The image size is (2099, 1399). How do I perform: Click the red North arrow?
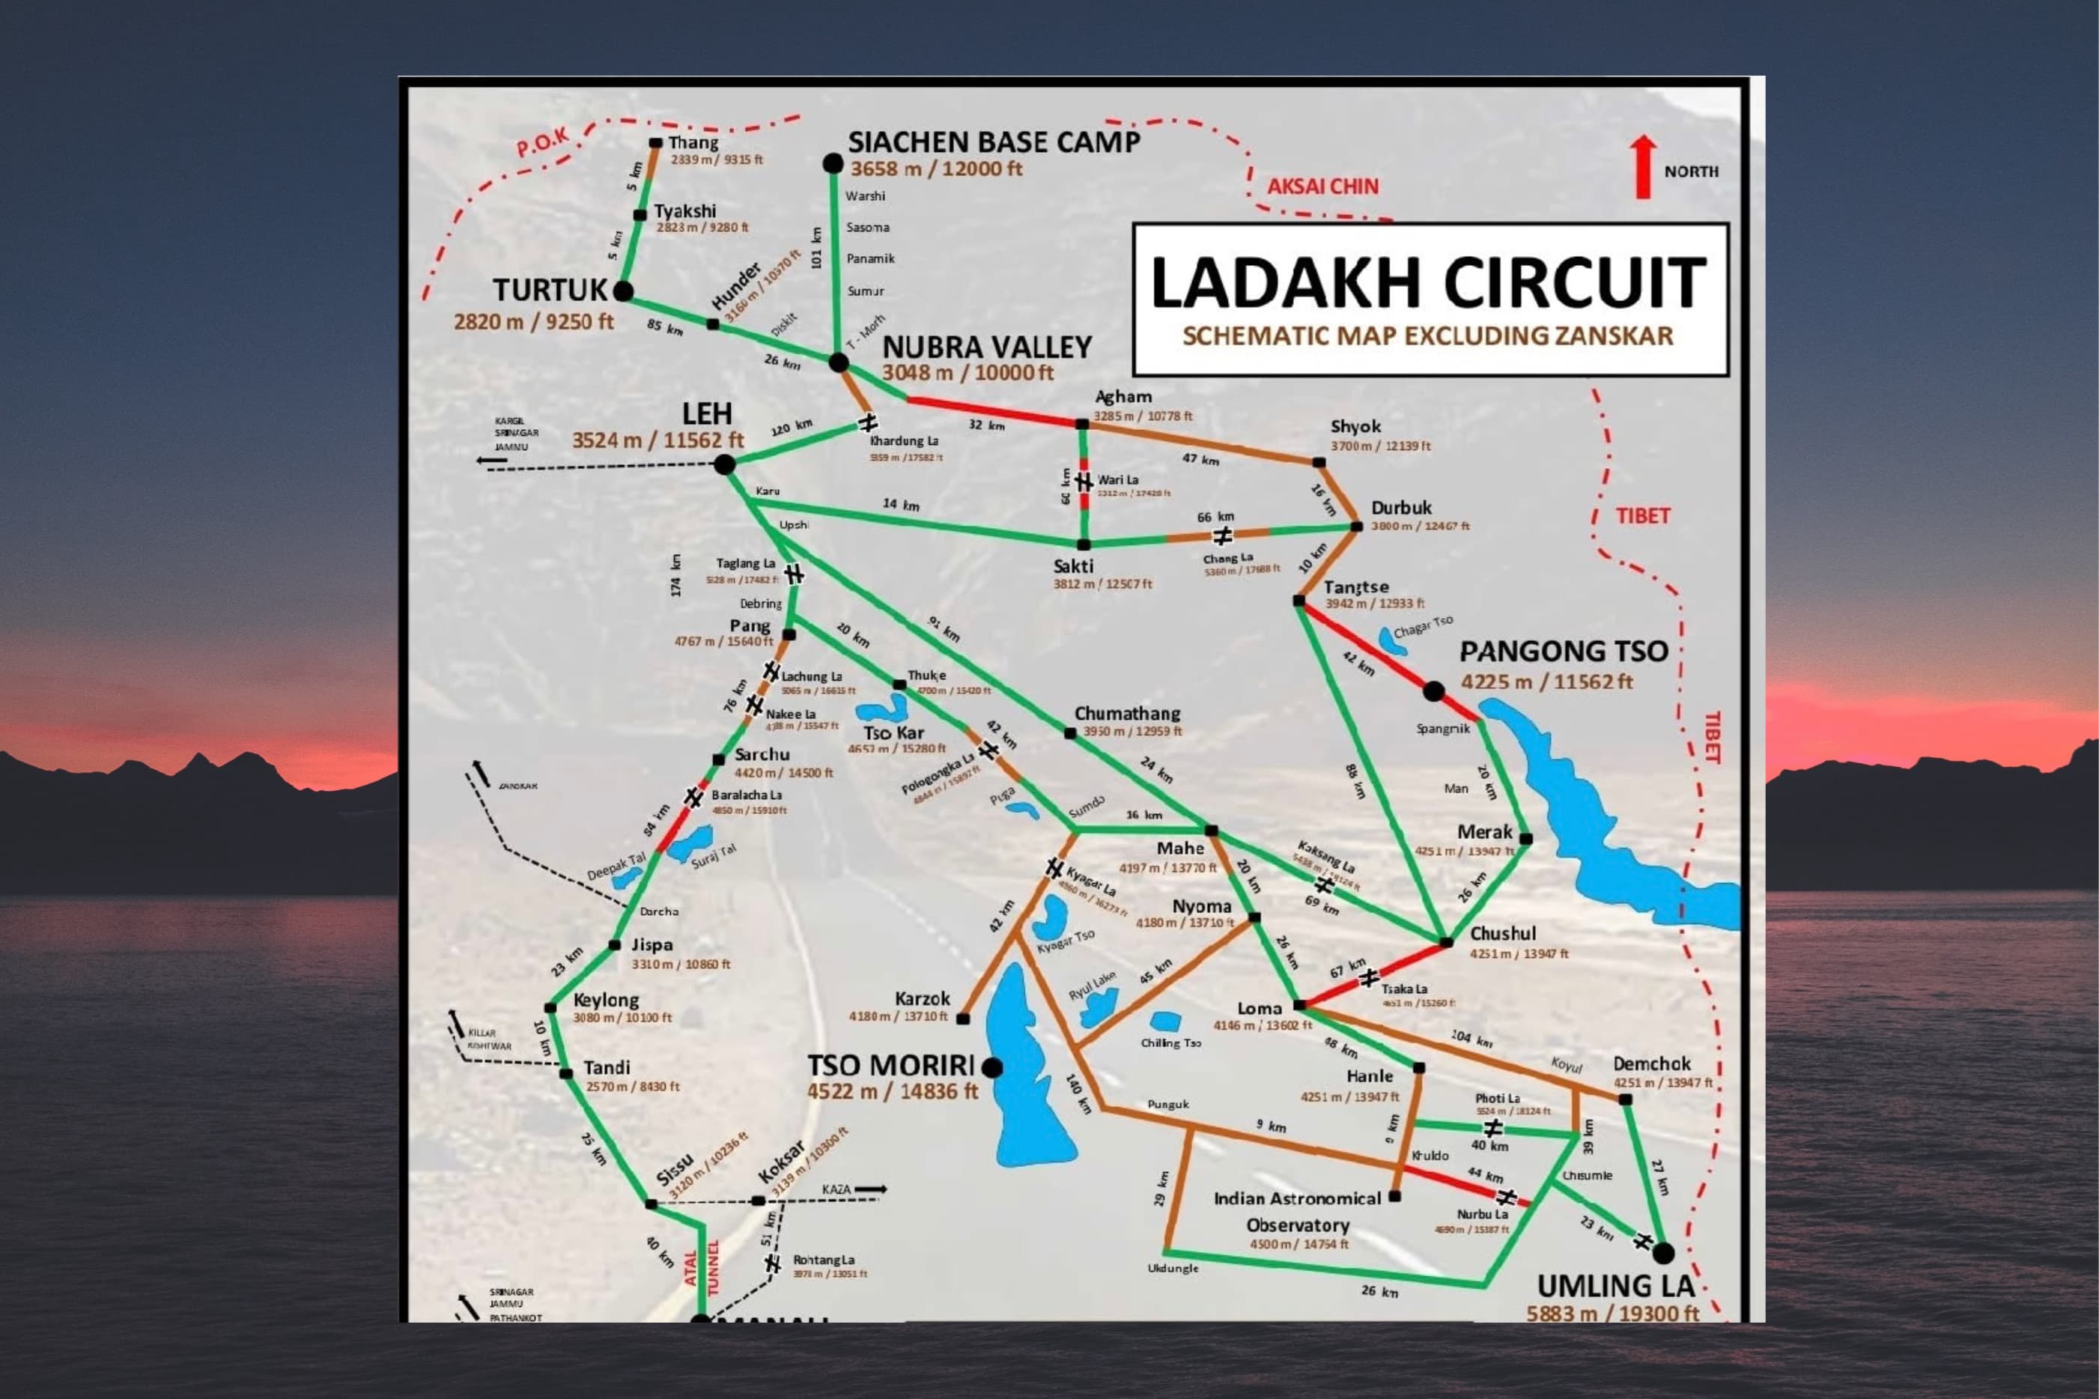coord(1642,167)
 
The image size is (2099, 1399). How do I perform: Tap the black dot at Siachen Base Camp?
coord(832,163)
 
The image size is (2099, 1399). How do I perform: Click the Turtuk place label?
coord(550,290)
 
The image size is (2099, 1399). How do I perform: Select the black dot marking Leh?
coord(724,464)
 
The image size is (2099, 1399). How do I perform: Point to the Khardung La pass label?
coord(904,441)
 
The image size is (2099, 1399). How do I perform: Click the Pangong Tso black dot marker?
coord(1433,691)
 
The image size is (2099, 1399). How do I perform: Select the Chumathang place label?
coord(1127,714)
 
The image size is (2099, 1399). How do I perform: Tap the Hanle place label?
coord(1370,1076)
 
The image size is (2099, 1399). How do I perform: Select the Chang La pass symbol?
coord(1223,535)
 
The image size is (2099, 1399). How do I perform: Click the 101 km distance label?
coord(816,248)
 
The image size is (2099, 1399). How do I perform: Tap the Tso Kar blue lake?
coord(883,710)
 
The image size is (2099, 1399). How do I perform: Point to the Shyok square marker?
coord(1319,462)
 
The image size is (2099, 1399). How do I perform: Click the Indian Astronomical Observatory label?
coord(1298,1212)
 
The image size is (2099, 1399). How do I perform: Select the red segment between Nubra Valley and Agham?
coord(990,410)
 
